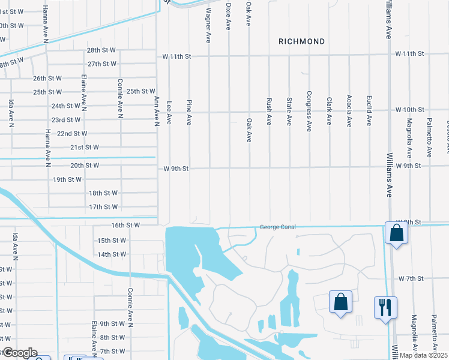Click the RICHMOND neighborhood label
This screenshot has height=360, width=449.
[301, 41]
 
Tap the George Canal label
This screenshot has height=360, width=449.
[278, 227]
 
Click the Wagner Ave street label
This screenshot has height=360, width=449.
[208, 25]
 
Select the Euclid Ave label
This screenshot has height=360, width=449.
[369, 110]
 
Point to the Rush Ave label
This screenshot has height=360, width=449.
[269, 111]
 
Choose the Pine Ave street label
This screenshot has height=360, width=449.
[189, 112]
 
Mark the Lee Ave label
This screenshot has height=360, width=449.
[169, 112]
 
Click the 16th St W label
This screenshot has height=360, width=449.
[125, 225]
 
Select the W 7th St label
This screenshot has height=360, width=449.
[411, 279]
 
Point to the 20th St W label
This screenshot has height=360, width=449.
[84, 165]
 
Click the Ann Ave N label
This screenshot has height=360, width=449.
[156, 110]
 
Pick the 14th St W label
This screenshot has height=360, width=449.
[112, 254]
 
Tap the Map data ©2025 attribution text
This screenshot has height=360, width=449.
[423, 355]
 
